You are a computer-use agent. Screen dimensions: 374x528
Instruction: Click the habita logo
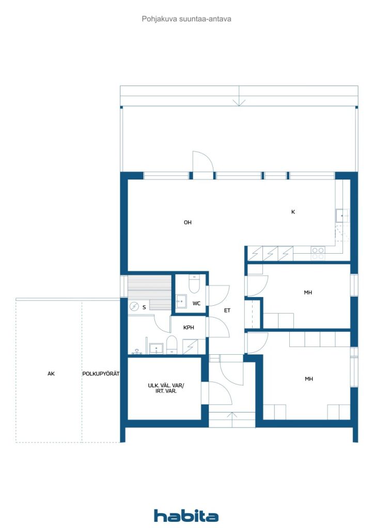coord(186,516)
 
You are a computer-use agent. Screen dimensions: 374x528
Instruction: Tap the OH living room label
coord(188,222)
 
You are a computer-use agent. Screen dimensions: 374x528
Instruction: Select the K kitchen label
coord(293,212)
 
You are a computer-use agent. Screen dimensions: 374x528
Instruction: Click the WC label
coord(196,303)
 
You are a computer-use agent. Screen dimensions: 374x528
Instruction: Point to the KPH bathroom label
coord(189,327)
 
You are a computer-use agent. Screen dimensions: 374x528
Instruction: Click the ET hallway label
coord(227,310)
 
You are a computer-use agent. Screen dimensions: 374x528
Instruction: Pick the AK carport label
coord(51,373)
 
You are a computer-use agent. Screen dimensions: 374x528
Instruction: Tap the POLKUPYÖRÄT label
coord(101,373)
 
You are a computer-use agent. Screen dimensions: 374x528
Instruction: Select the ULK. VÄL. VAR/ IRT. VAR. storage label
coord(166,388)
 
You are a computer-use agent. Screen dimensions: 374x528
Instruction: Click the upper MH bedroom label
coord(308,293)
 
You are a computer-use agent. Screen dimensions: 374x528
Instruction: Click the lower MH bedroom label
coord(308,379)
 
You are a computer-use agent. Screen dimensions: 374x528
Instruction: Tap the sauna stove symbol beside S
coord(134,306)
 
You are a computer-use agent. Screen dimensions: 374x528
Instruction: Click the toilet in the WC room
coord(194,284)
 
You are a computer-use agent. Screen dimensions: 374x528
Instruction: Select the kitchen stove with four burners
coord(318,253)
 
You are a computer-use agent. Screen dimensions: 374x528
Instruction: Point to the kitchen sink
coord(342,216)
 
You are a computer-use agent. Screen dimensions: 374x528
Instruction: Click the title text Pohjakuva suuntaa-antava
coord(186,19)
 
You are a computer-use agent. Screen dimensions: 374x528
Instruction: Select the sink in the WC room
coord(181,301)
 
